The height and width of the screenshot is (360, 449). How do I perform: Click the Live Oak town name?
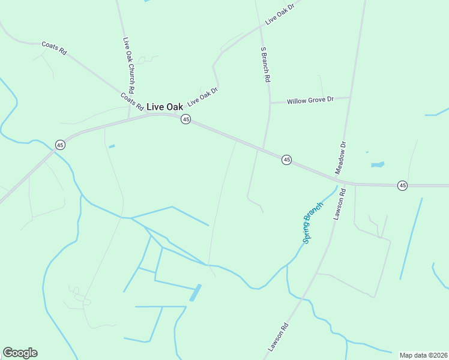164,107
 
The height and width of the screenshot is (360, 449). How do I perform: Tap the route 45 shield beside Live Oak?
186,119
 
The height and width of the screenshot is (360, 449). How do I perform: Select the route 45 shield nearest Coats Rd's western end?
60,145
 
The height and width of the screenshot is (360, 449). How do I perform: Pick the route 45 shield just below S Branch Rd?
287,160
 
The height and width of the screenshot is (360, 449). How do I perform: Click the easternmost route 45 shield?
402,186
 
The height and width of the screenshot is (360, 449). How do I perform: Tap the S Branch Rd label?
265,64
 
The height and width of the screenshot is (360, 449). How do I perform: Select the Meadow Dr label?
341,158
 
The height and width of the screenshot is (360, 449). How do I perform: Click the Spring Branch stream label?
313,222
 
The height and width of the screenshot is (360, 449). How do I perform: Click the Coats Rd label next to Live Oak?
131,101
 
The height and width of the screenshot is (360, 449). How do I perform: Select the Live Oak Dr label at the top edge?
280,13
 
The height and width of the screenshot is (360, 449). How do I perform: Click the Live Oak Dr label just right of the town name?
202,97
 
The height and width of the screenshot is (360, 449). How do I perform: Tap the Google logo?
20,353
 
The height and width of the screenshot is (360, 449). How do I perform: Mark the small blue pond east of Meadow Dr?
377,164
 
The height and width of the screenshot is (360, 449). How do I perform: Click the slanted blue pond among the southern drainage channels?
195,293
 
